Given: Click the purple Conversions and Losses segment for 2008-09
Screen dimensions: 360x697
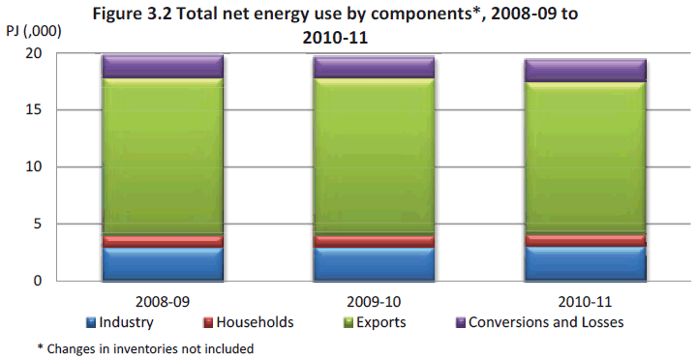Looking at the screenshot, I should (x=163, y=67).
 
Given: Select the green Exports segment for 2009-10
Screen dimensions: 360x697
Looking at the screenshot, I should (x=373, y=155).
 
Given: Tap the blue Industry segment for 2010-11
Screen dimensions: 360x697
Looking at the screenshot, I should (x=585, y=263).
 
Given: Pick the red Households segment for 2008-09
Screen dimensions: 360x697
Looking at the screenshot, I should (x=163, y=240).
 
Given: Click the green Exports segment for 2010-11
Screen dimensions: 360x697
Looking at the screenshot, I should (x=585, y=157).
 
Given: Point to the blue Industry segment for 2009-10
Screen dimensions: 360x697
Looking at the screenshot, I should (x=373, y=263).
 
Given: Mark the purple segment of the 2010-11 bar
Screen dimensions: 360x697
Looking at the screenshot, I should (x=585, y=70).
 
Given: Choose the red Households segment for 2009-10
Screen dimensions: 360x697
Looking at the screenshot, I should (x=373, y=241).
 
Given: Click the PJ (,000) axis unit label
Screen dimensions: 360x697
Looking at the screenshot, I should (x=33, y=31).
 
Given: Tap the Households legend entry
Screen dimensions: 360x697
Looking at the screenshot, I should (x=248, y=321).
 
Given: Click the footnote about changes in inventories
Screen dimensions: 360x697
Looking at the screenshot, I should (x=145, y=347).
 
